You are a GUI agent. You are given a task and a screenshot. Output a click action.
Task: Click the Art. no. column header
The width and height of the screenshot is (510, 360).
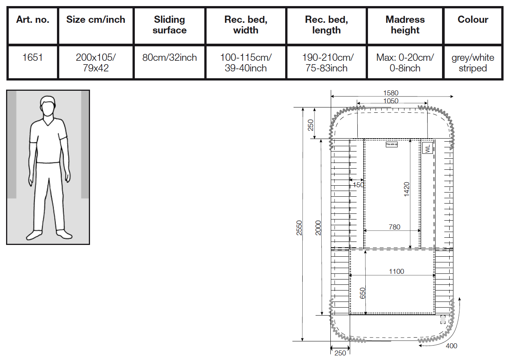pos(33,20)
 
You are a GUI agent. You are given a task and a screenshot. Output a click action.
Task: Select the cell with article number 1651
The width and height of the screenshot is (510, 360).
pos(33,58)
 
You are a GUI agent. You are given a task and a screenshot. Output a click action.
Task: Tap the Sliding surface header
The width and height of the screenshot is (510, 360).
pos(169,25)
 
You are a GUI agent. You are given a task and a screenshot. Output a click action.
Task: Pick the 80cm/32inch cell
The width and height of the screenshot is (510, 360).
pos(169,58)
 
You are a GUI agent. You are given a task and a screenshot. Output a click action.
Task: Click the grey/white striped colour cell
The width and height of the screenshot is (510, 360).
pos(473,63)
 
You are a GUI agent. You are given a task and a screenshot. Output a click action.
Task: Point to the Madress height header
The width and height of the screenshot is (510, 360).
pos(405,25)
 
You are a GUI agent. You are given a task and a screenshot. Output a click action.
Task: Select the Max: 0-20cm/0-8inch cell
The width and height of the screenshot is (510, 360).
pos(405,63)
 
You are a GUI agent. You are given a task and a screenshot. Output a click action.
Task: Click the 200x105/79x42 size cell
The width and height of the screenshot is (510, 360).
pos(96,63)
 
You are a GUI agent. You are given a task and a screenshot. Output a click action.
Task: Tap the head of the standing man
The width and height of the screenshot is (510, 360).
pos(47,106)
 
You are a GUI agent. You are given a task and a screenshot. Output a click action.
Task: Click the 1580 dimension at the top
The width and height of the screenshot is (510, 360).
pos(391,93)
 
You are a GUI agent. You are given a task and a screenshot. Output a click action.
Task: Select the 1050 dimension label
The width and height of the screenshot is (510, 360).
pos(391,101)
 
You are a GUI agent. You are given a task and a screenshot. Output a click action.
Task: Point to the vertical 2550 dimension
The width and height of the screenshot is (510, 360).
pos(299,227)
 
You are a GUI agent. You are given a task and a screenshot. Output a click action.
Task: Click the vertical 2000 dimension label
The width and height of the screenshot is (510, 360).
pos(318,227)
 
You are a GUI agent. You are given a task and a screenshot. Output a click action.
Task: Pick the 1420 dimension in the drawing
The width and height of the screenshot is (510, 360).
pos(407,189)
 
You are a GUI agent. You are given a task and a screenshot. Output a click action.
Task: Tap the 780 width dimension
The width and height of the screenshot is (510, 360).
pos(395,227)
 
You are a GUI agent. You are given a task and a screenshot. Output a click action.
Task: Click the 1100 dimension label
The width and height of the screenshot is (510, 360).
pos(396,272)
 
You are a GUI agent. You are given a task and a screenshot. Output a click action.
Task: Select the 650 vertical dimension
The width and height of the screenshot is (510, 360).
pos(363,293)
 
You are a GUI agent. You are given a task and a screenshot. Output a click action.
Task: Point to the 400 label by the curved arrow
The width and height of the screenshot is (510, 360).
pos(452,346)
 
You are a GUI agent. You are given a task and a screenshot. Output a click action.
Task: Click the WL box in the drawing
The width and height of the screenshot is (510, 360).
pos(428,148)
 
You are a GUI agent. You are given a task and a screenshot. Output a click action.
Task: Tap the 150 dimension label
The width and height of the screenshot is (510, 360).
pos(358,185)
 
